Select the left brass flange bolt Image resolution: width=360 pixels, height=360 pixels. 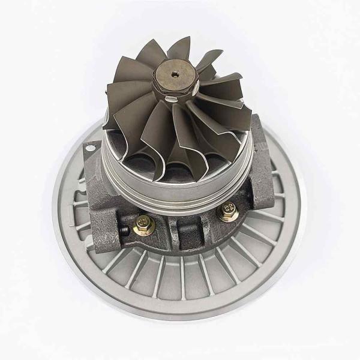[x=143, y=225]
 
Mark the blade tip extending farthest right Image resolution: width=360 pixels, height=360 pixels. [x=251, y=109]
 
